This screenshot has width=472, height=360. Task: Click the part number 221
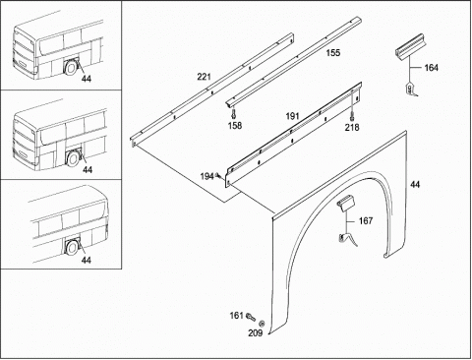click(204, 77)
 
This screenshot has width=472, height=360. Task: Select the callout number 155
click(333, 53)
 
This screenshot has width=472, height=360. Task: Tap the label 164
click(431, 68)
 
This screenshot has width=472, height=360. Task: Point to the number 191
click(292, 116)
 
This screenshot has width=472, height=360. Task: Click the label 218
click(352, 127)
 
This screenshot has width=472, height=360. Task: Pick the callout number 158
click(235, 126)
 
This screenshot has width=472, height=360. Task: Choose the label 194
click(206, 177)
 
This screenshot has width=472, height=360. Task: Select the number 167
click(366, 221)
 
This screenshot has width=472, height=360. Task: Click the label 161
click(236, 316)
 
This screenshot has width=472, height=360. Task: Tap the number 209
click(256, 333)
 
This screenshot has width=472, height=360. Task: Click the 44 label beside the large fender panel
click(415, 185)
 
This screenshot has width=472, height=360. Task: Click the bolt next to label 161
click(251, 317)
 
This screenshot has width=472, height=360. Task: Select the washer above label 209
click(262, 324)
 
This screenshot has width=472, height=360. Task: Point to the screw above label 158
click(233, 114)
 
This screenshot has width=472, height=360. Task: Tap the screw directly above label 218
click(352, 116)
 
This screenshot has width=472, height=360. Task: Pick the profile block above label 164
click(408, 48)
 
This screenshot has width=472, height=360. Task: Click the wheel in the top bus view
click(71, 69)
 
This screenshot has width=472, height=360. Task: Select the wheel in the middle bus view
click(73, 158)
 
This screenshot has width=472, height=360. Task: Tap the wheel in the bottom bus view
click(71, 248)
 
